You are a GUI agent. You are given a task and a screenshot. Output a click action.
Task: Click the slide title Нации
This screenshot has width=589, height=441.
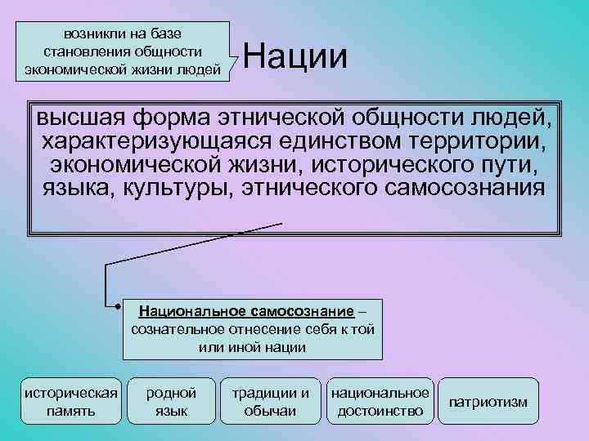(x=295, y=57)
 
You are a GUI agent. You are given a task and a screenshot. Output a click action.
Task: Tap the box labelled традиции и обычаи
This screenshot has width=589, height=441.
(x=270, y=401)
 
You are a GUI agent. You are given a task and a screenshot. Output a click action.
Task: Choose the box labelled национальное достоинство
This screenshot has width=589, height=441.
(x=380, y=401)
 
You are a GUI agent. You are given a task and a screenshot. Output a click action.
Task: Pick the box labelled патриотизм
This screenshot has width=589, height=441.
(x=488, y=402)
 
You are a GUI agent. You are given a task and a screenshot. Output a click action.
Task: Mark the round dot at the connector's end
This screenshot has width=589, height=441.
(x=119, y=308)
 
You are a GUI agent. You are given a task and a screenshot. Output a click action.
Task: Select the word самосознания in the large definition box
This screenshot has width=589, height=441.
(x=462, y=189)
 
